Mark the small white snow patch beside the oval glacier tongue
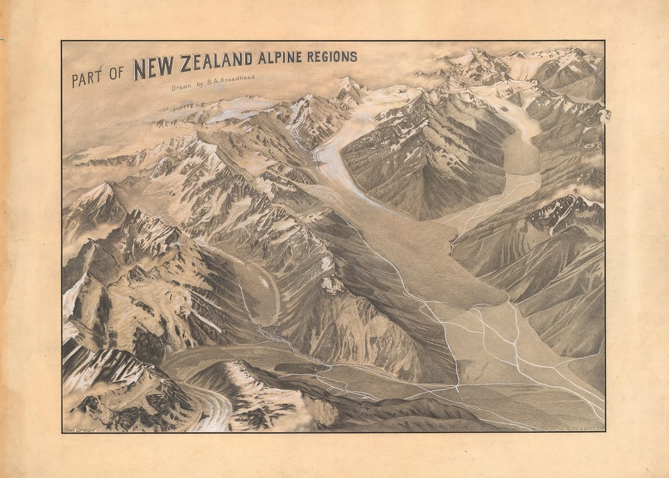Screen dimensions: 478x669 pyautogui.click(x=330, y=284)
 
